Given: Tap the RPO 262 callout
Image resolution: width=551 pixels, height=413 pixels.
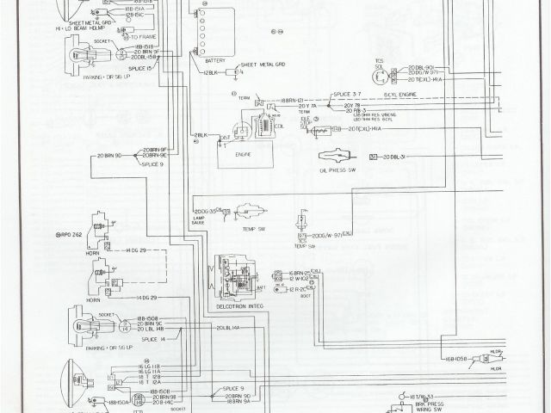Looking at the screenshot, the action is pyautogui.click(x=68, y=234).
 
